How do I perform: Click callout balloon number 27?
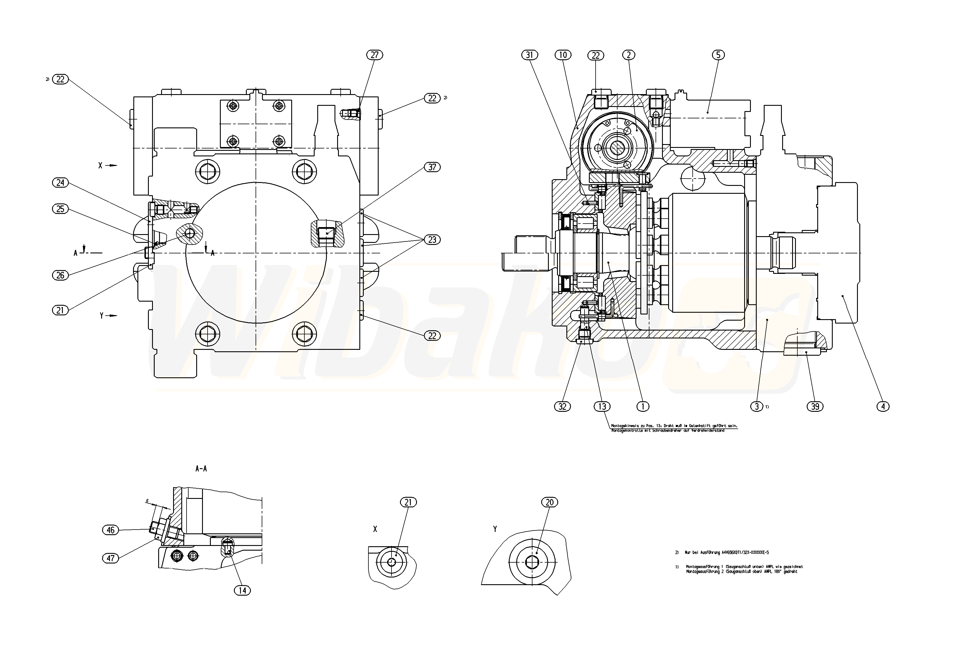[x=375, y=55]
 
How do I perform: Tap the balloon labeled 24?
[x=61, y=183]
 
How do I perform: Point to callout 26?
[x=61, y=275]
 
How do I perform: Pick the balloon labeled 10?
[x=563, y=55]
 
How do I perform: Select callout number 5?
[x=718, y=55]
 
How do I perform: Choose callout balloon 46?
[x=111, y=530]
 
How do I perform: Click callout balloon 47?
[x=111, y=558]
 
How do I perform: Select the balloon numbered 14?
[x=242, y=590]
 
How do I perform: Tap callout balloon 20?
[x=549, y=502]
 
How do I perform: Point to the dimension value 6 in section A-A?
[x=147, y=501]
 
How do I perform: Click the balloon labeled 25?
[x=61, y=209]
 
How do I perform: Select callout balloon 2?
[x=628, y=55]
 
